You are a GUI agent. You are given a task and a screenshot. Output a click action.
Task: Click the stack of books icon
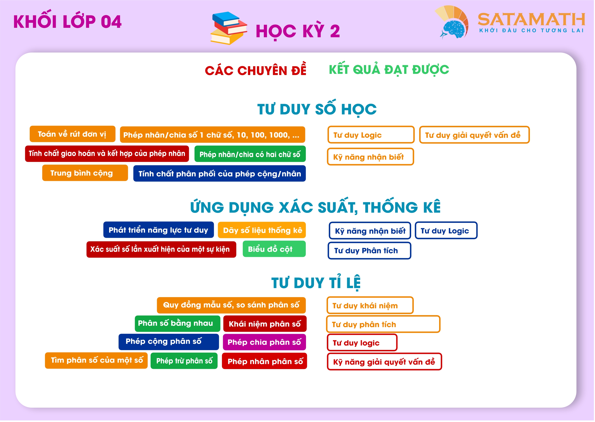coord(228,28)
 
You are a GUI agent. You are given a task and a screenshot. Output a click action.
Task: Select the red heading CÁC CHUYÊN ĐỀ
coord(256,69)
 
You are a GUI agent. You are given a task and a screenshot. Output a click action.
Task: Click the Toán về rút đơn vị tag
coord(72,134)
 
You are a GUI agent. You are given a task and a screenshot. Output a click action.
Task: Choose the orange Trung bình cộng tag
coord(85,173)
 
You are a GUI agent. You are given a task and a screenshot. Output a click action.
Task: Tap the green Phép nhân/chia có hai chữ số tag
coord(250,154)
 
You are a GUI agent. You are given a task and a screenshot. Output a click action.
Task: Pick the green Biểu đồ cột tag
coord(274,249)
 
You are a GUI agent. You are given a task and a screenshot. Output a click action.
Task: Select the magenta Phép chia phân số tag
coord(265,342)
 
